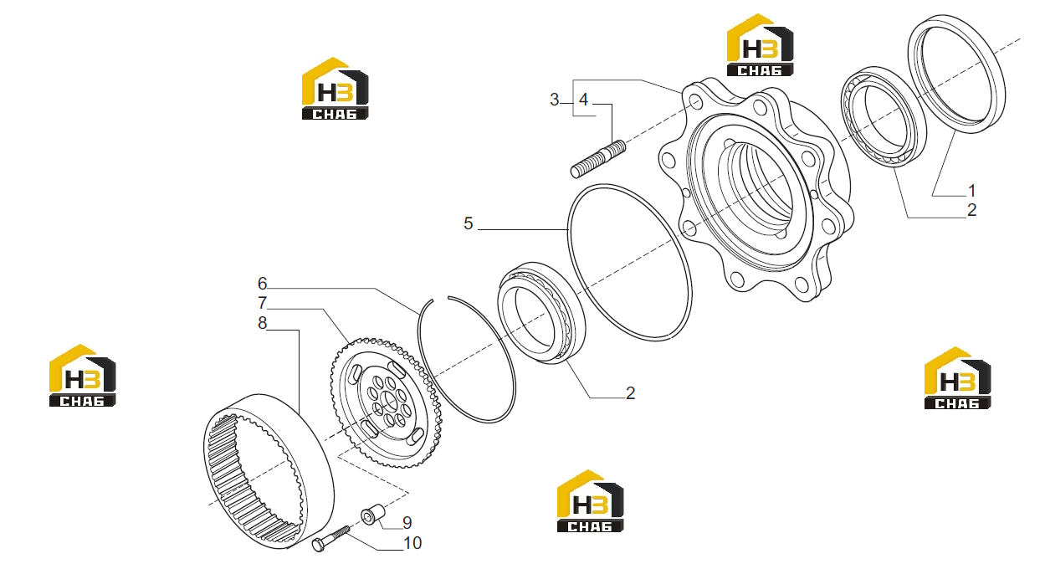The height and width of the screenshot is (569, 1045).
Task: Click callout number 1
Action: click(971, 190)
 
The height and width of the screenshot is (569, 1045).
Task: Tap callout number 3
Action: click(554, 100)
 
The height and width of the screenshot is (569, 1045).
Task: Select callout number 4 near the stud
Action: click(584, 100)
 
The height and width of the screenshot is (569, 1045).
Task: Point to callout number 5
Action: click(469, 223)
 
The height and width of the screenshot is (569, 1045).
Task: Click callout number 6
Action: click(262, 283)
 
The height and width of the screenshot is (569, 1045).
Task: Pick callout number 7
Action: click(262, 303)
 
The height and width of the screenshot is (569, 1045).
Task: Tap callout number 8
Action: click(262, 323)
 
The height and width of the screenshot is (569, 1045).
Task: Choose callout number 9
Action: click(407, 523)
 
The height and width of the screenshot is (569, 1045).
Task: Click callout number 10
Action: click(412, 543)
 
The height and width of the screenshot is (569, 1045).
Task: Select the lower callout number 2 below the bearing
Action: click(630, 393)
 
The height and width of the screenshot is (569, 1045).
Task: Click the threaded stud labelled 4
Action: click(598, 159)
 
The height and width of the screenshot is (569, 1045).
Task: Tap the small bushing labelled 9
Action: click(373, 514)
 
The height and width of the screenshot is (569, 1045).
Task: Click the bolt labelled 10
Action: click(330, 539)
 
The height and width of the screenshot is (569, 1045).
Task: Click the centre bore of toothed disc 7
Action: click(388, 402)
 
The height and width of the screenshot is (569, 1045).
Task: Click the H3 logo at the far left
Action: click(83, 376)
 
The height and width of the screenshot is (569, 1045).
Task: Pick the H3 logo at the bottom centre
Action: click(590, 501)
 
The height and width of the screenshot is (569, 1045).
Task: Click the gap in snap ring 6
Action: click(441, 298)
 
